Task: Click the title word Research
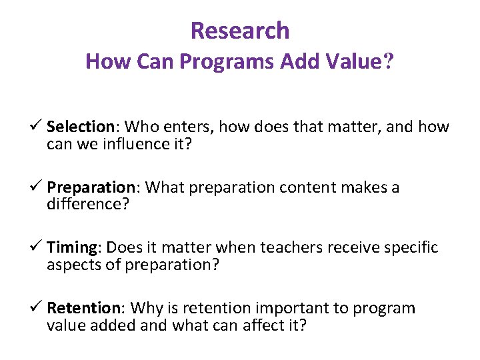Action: (240, 31)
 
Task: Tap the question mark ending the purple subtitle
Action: (388, 62)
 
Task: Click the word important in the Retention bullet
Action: (277, 308)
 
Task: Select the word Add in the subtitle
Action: (297, 62)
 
